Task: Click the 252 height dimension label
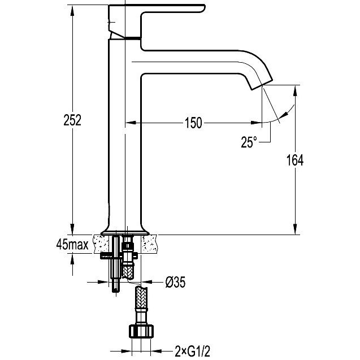pos(72,120)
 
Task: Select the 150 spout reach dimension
pos(193,123)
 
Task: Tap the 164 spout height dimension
pos(295,160)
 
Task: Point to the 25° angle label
pos(249,142)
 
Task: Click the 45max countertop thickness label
pos(72,245)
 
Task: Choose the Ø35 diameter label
pos(175,282)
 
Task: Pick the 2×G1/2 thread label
pos(192,352)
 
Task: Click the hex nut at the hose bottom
pos(141,331)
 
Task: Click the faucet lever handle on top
pos(156,21)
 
